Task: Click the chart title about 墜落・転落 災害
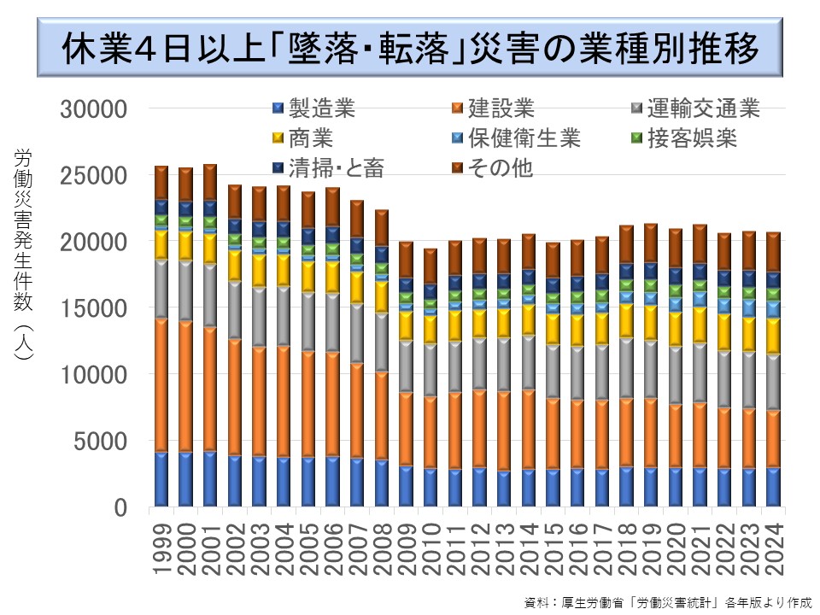pos(410,49)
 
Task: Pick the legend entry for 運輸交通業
pos(693,108)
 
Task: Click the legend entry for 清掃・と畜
pos(325,167)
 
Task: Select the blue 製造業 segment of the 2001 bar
pos(210,478)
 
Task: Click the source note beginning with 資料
pos(667,600)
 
